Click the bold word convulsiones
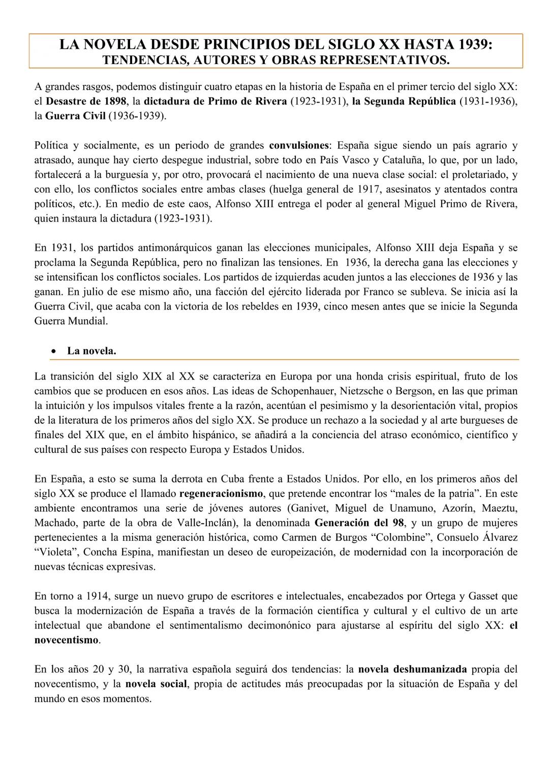pos(299,145)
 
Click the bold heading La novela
pos(91,351)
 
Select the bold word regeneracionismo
pos(222,493)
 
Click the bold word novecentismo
pos(66,640)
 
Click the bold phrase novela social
pos(157,684)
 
